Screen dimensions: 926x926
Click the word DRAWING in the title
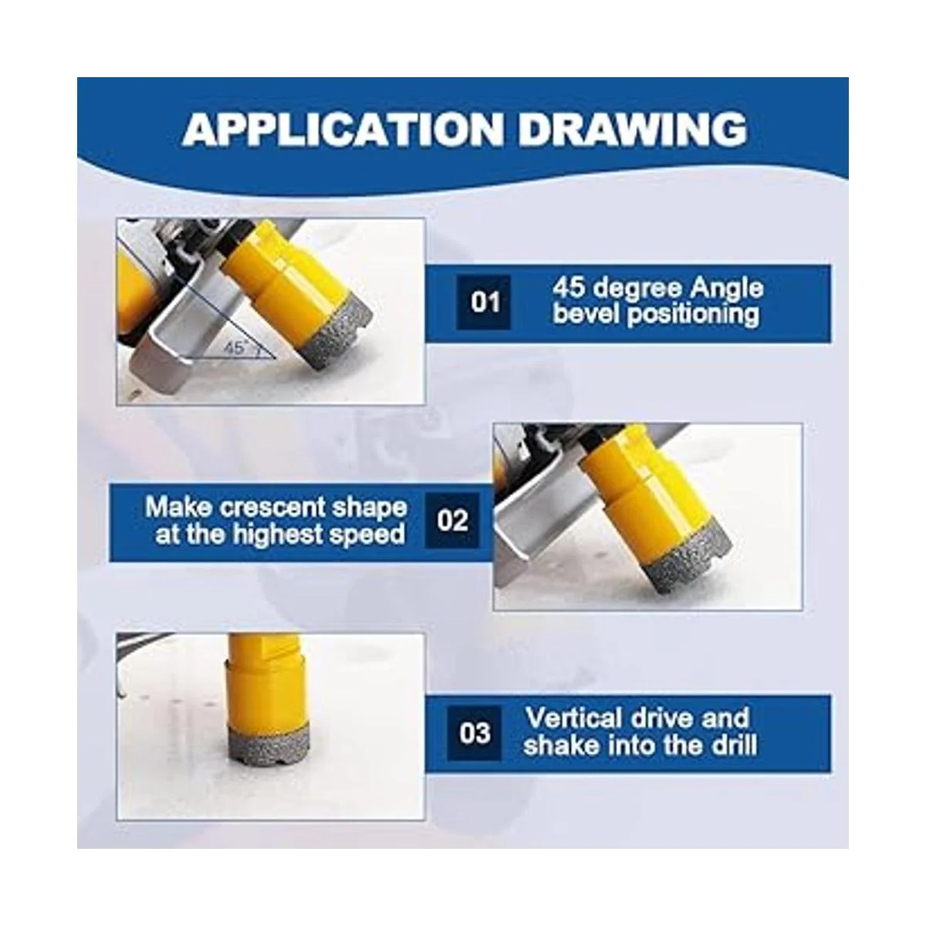pos(634,130)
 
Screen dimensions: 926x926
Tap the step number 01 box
pos(483,302)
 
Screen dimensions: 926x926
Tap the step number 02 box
pos(452,520)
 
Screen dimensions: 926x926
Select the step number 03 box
pos(475,733)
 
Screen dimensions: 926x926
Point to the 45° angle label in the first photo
pos(235,347)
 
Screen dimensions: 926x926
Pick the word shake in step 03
pos(565,745)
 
